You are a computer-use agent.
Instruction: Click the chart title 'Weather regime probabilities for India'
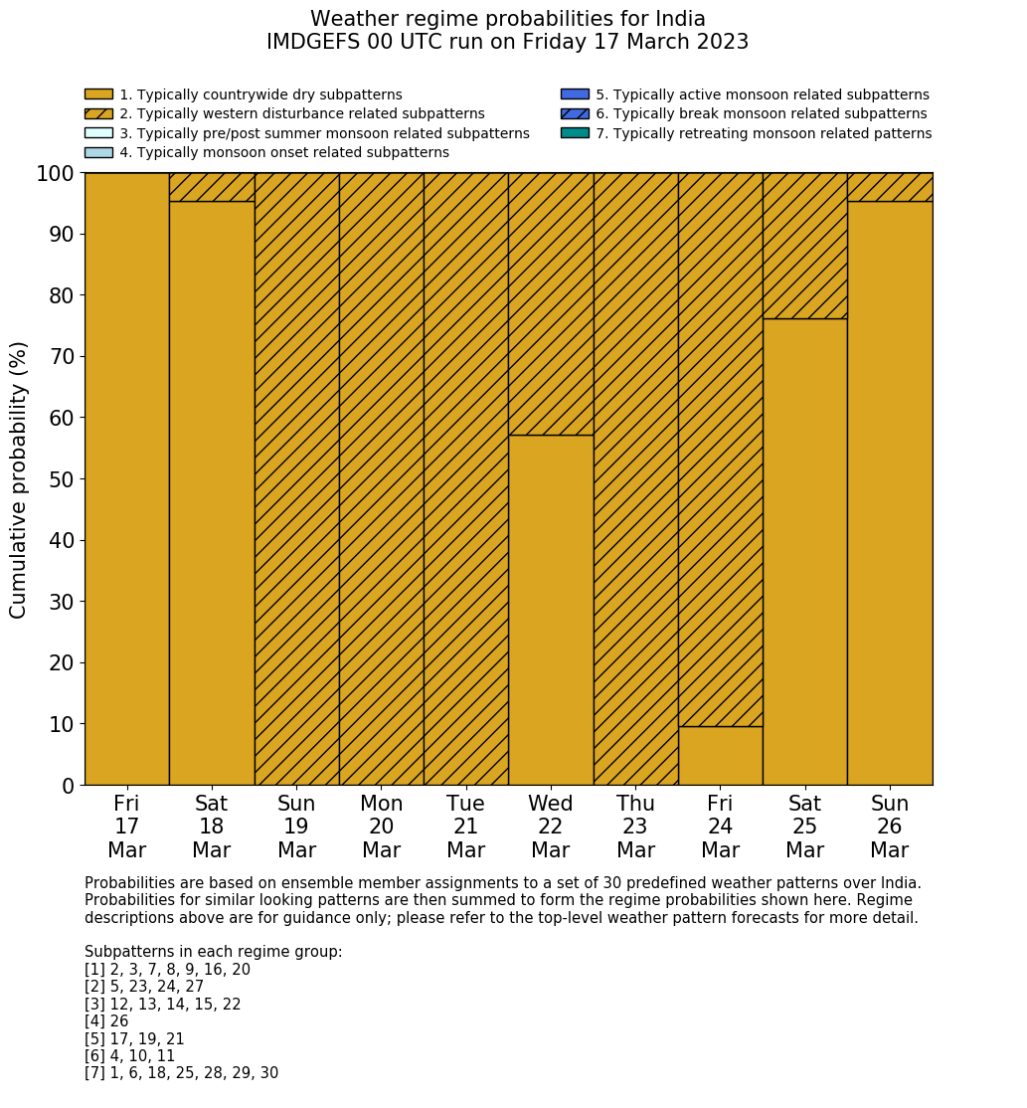coord(507,20)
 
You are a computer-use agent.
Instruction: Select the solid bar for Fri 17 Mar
coord(126,478)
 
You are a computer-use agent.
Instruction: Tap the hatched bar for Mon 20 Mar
coord(381,478)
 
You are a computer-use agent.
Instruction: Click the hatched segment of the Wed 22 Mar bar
coord(551,303)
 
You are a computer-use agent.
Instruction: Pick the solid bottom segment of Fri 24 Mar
coord(720,756)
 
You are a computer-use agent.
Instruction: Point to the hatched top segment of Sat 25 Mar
coord(804,246)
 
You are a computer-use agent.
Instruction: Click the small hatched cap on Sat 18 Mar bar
coord(212,187)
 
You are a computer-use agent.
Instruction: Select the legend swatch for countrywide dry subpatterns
coord(98,94)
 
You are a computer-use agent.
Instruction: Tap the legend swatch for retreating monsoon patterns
coord(575,133)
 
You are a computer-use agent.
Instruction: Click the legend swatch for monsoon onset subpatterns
coord(98,152)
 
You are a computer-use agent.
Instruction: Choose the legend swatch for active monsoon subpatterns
coord(575,94)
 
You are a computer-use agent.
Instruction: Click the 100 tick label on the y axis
coord(55,174)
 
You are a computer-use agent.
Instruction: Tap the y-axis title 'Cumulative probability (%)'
coord(19,478)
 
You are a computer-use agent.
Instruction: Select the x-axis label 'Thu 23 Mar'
coord(635,827)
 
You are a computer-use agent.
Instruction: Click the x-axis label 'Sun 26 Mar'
coord(889,827)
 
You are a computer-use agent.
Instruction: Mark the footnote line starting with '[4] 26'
coord(106,1021)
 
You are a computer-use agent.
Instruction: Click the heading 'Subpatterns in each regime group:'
coord(213,952)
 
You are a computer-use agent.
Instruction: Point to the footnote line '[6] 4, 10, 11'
coord(129,1056)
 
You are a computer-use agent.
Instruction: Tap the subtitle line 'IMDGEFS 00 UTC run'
coord(507,43)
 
